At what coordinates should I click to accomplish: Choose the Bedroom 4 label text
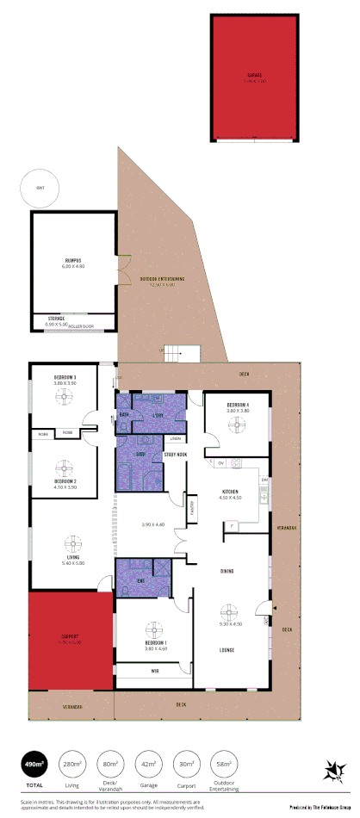238,405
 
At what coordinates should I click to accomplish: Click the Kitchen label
229,493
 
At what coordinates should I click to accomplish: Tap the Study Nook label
176,454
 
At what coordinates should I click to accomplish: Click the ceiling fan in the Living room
72,545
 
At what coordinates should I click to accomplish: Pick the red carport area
71,640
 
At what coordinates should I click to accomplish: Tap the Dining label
227,571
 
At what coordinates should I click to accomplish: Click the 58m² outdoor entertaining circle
224,764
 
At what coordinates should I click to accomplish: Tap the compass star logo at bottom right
331,769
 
